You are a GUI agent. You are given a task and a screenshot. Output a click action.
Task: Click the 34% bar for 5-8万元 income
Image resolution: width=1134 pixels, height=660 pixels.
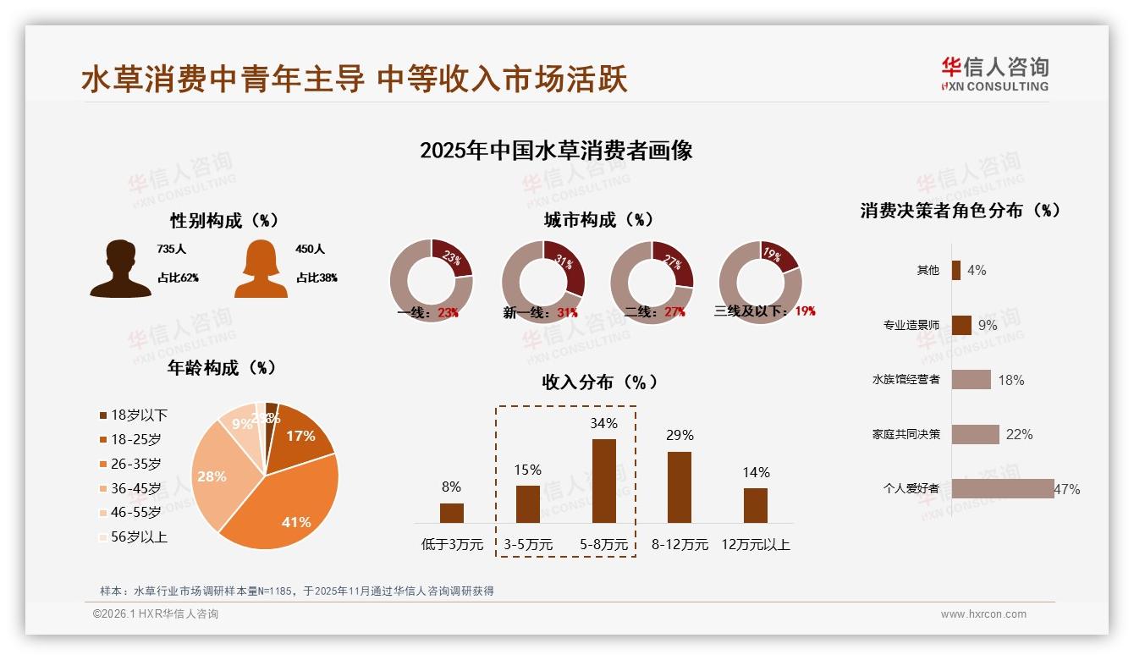tap(603, 481)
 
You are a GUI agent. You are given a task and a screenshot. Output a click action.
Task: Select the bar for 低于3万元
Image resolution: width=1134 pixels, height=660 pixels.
tap(452, 513)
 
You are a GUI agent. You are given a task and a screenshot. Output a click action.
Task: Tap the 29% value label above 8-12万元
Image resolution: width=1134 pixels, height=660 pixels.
tap(679, 435)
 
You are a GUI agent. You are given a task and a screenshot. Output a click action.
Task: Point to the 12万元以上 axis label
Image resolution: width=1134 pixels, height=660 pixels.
tap(756, 545)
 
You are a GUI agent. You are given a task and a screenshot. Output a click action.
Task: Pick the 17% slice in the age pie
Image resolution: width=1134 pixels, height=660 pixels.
tap(300, 436)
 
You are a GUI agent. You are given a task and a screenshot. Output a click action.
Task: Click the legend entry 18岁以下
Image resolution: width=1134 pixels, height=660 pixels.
tap(134, 415)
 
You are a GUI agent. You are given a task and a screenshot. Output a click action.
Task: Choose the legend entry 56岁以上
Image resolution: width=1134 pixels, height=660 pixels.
tap(134, 537)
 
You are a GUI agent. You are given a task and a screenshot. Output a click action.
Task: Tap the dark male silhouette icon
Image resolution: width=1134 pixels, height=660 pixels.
tap(121, 268)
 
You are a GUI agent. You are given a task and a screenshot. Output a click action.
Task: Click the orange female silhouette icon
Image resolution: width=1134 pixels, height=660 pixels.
tap(261, 268)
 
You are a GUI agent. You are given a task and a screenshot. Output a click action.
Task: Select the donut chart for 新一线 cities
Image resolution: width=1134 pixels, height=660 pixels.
tap(543, 281)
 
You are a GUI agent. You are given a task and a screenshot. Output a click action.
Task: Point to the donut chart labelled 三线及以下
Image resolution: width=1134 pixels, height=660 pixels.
tap(760, 281)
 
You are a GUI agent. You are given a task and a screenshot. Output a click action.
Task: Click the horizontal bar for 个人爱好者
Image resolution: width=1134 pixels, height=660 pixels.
tap(1003, 488)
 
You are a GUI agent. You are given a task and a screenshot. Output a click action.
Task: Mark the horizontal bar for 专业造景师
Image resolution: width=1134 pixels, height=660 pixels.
tap(961, 325)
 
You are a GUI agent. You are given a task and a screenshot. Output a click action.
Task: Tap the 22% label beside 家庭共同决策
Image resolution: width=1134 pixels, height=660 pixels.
tap(1019, 434)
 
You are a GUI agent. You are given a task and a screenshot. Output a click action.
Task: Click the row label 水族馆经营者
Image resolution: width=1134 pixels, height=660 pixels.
tap(906, 379)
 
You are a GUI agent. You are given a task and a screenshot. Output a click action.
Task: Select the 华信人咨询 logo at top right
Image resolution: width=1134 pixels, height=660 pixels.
tap(994, 74)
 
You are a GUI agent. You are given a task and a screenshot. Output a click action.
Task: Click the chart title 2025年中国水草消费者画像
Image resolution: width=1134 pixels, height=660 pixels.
tap(556, 151)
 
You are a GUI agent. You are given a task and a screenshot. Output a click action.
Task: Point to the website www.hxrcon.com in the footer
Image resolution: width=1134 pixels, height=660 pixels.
tap(983, 614)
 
